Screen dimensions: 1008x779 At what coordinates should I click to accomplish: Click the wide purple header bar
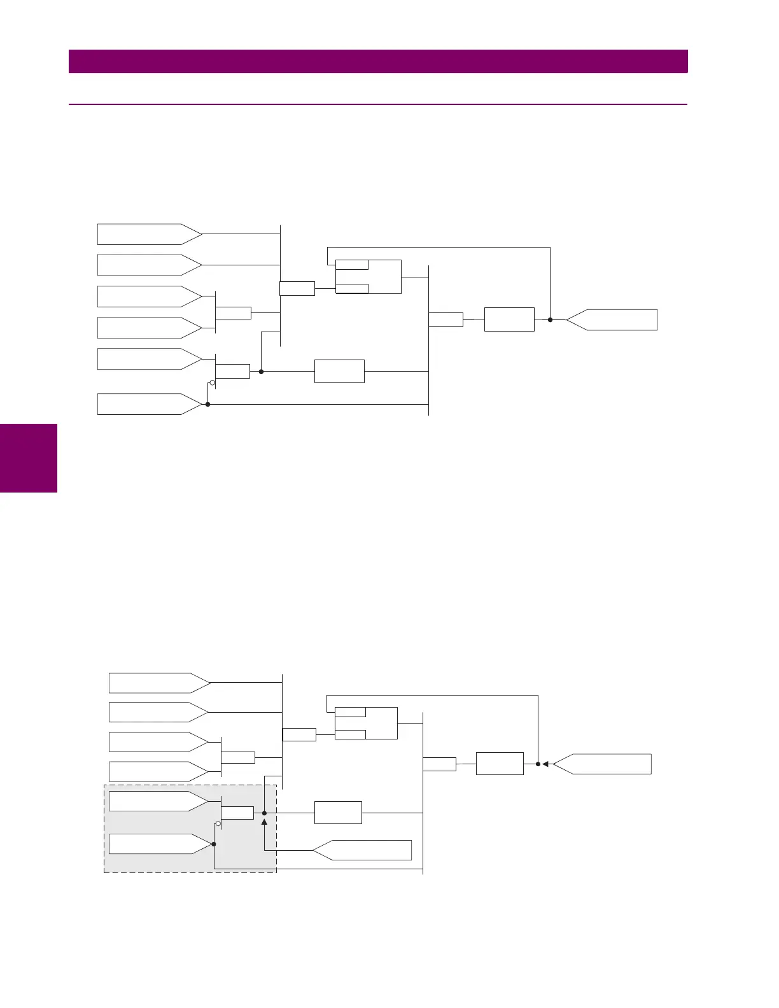pos(378,62)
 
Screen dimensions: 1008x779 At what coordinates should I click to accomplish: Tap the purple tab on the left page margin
pos(29,458)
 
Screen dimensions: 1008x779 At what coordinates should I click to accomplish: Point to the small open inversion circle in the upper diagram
pos(213,383)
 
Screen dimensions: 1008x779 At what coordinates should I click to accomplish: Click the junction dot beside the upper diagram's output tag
pos(550,320)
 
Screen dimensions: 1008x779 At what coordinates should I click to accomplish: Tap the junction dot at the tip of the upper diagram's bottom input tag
pos(207,404)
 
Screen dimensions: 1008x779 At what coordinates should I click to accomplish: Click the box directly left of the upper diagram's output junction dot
pos(509,319)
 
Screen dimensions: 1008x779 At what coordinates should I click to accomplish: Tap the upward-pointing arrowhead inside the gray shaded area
pos(264,823)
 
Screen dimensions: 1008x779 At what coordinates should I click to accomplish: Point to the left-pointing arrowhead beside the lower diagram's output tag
pos(545,764)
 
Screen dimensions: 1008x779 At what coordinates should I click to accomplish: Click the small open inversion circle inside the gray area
pos(218,824)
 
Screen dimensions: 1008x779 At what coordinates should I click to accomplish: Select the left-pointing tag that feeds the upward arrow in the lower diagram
pos(362,850)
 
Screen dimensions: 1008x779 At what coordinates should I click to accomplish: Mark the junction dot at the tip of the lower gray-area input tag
pos(214,844)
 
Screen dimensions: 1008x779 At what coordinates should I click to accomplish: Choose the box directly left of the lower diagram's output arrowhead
pos(500,764)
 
